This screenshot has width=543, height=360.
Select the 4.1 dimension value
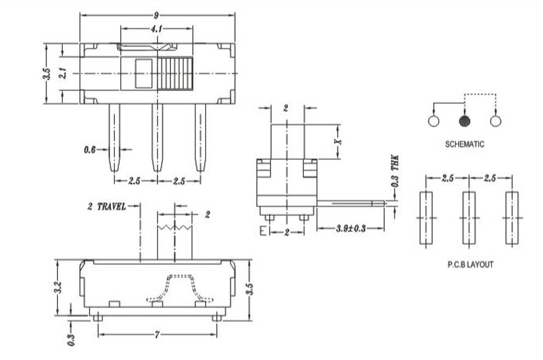[156, 29]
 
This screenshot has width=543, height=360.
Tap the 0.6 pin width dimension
[90, 149]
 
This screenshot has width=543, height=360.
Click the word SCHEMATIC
[464, 144]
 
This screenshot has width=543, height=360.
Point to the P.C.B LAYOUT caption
[470, 264]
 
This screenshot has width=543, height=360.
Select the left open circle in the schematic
[434, 121]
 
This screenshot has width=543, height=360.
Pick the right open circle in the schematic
[496, 121]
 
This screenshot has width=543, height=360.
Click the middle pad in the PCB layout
[469, 217]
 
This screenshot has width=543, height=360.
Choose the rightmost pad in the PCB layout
[511, 217]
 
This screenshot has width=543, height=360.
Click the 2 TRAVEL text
[107, 206]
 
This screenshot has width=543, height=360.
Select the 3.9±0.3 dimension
[351, 227]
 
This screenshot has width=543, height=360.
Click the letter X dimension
[338, 141]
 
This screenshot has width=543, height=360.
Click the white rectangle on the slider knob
[144, 73]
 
